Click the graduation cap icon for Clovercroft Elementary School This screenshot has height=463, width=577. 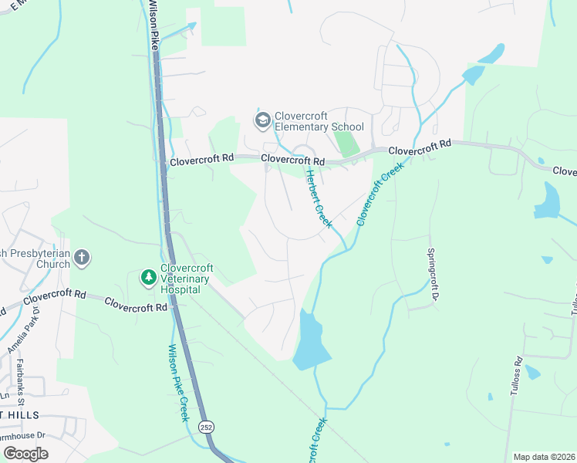(x=262, y=120)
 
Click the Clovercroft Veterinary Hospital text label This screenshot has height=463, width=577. (x=187, y=279)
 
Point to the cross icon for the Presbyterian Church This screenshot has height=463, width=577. (x=83, y=258)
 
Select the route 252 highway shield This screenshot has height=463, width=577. (x=206, y=427)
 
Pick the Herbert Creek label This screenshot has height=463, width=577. (x=317, y=198)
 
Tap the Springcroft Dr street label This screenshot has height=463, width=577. (x=434, y=274)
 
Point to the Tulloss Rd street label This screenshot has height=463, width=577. (x=515, y=377)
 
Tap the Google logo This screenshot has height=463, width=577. (x=25, y=454)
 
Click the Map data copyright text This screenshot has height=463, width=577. (x=544, y=457)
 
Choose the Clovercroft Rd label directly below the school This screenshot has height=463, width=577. (x=292, y=160)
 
